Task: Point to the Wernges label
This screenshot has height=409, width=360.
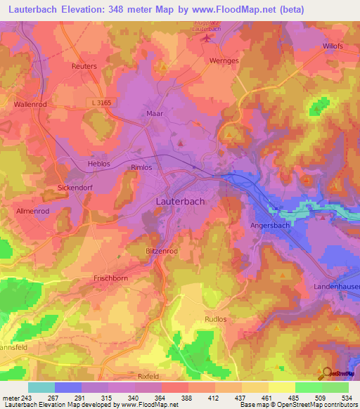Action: [x=224, y=60]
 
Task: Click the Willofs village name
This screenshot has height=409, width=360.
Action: [x=335, y=46]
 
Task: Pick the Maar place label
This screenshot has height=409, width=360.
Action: [x=155, y=112]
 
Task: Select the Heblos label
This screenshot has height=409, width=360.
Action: [x=79, y=163]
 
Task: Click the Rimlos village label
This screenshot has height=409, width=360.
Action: [x=142, y=168]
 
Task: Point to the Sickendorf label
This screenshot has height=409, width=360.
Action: [x=77, y=188]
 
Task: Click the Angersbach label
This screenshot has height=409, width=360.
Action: [x=270, y=226]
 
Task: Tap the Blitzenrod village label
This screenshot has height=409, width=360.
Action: [x=162, y=250]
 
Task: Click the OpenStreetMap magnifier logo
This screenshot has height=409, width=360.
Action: [x=326, y=373]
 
